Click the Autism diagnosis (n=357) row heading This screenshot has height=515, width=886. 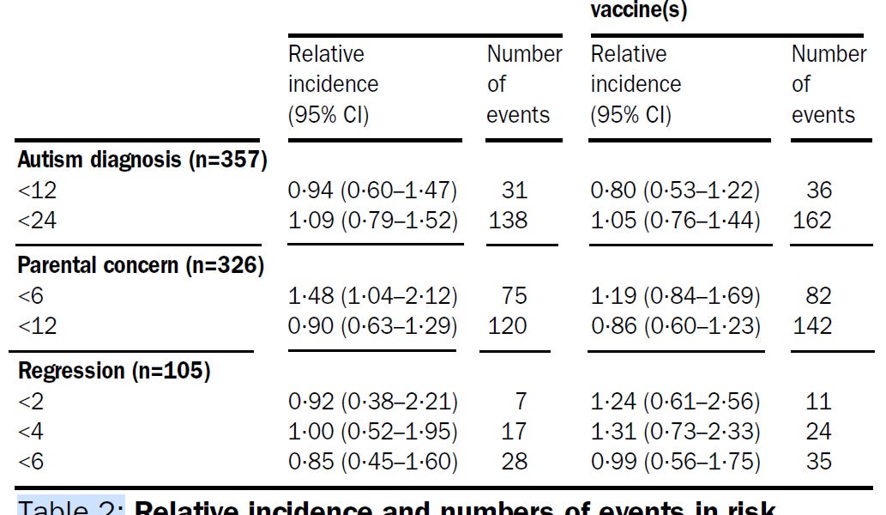click(x=142, y=160)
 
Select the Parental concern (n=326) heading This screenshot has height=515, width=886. click(x=141, y=265)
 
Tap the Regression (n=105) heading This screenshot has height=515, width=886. click(x=114, y=371)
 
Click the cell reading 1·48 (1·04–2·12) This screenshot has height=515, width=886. click(x=373, y=296)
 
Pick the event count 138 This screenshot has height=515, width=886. click(x=508, y=221)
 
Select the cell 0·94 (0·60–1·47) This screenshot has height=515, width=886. click(x=373, y=191)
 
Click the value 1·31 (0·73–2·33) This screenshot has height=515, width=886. click(x=675, y=431)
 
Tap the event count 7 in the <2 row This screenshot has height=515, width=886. click(x=521, y=401)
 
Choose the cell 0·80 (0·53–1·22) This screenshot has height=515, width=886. click(x=675, y=191)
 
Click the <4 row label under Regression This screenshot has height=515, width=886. click(x=31, y=431)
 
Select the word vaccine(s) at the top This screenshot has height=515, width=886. click(x=639, y=11)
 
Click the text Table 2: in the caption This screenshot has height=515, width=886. click(x=71, y=506)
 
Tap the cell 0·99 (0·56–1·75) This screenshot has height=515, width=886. click(x=675, y=461)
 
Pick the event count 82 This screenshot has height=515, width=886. click(x=818, y=296)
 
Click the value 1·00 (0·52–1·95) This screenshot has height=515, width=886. click(x=373, y=431)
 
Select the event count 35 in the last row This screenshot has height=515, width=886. click(x=818, y=461)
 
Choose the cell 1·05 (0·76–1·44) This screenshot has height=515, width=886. click(x=675, y=221)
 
